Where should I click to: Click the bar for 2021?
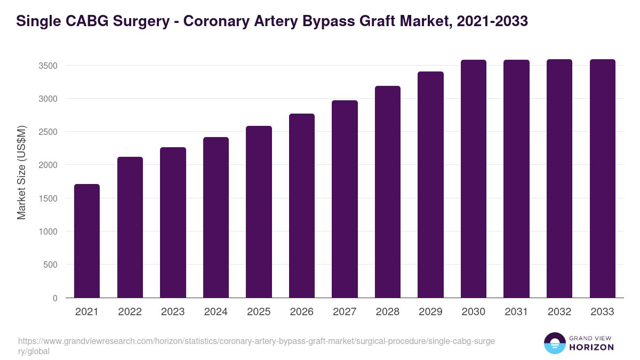click(87, 241)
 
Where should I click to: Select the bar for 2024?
click(216, 218)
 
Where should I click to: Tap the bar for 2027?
click(345, 199)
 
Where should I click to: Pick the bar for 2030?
click(474, 179)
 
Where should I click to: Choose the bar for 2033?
click(602, 179)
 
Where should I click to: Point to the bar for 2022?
click(130, 227)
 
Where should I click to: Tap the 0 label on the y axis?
click(54, 298)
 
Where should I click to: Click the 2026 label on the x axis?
click(302, 312)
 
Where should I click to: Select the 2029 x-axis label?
click(430, 312)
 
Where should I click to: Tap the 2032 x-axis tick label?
click(559, 312)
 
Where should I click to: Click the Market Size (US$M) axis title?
click(21, 172)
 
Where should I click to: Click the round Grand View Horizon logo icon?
click(555, 343)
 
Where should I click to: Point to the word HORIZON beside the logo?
click(591, 347)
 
